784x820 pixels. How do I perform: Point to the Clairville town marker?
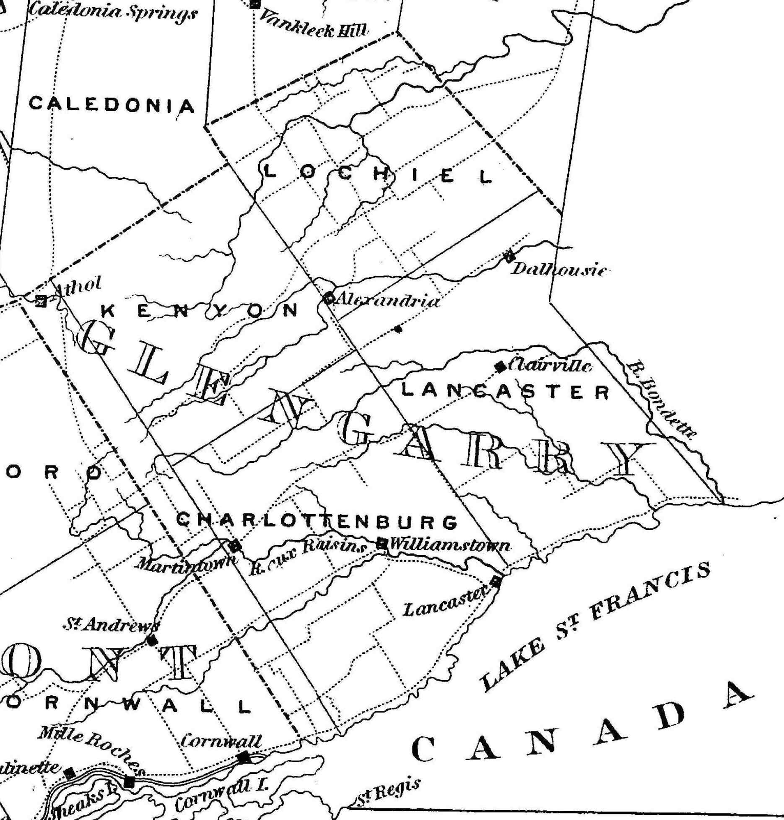[x=500, y=366]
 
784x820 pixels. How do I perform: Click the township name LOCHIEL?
[x=378, y=174]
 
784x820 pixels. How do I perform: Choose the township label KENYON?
[x=199, y=310]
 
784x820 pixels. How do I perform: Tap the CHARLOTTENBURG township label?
[x=316, y=521]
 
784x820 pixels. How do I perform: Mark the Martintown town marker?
[x=235, y=546]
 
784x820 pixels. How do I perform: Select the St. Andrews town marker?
[x=151, y=640]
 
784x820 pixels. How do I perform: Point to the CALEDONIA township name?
[x=112, y=104]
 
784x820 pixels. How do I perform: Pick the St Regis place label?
[x=388, y=792]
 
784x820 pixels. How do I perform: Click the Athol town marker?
[x=41, y=301]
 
